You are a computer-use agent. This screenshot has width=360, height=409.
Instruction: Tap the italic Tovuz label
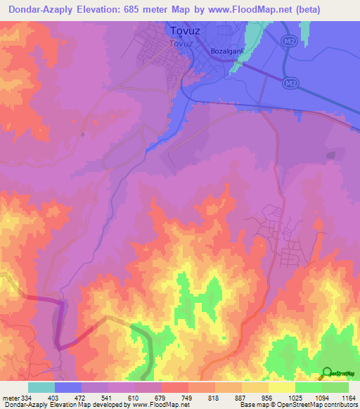[181, 43]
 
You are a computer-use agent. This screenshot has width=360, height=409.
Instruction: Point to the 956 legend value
[269, 397]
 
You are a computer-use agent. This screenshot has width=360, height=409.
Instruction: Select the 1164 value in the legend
[349, 397]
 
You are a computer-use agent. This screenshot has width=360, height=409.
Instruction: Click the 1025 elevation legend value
[295, 397]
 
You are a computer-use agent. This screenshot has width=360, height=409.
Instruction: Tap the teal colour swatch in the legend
[41, 387]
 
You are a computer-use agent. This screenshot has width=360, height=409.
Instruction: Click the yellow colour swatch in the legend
[282, 387]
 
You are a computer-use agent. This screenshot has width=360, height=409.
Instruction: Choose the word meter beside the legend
[10, 397]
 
